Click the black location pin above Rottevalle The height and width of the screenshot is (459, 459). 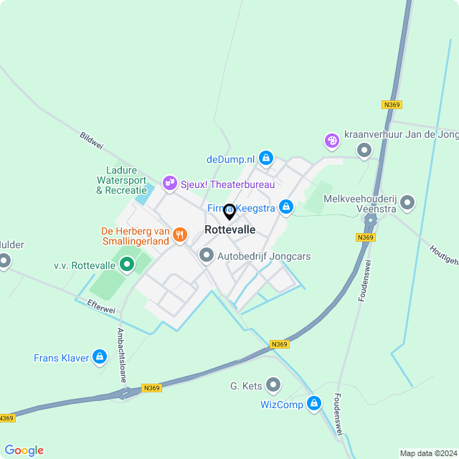(x=229, y=212)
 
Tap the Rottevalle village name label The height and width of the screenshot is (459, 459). (x=229, y=230)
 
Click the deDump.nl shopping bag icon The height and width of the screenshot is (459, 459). (x=266, y=157)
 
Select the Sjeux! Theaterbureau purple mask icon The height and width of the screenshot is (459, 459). (x=170, y=184)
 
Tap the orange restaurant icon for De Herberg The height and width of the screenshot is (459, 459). (x=179, y=234)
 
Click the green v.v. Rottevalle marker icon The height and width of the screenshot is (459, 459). (x=127, y=265)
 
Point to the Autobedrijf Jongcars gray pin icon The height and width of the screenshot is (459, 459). (x=207, y=255)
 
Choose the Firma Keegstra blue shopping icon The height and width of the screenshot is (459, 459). (x=286, y=207)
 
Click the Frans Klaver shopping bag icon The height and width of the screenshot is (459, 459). (x=100, y=357)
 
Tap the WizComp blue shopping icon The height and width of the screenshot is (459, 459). (x=313, y=404)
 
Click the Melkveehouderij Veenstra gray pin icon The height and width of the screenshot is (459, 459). (x=408, y=202)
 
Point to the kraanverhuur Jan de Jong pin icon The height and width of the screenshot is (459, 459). (x=364, y=150)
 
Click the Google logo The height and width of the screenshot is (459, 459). (x=24, y=450)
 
